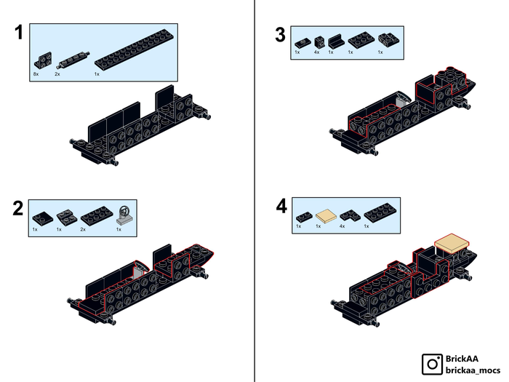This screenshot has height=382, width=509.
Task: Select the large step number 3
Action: click(x=280, y=34)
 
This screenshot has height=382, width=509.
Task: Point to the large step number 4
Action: click(x=281, y=207)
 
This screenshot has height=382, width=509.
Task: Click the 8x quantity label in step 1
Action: click(x=35, y=73)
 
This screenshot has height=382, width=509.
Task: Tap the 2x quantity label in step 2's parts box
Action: click(x=83, y=230)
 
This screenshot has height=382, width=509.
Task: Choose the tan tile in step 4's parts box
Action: click(x=326, y=215)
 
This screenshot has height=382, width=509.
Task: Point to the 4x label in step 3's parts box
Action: click(x=316, y=52)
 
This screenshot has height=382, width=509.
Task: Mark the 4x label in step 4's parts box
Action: click(x=341, y=226)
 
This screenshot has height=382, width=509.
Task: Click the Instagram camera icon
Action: click(x=433, y=363)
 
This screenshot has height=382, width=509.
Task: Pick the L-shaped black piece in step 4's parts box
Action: click(x=350, y=215)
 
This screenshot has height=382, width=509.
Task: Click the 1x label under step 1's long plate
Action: click(x=97, y=73)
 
